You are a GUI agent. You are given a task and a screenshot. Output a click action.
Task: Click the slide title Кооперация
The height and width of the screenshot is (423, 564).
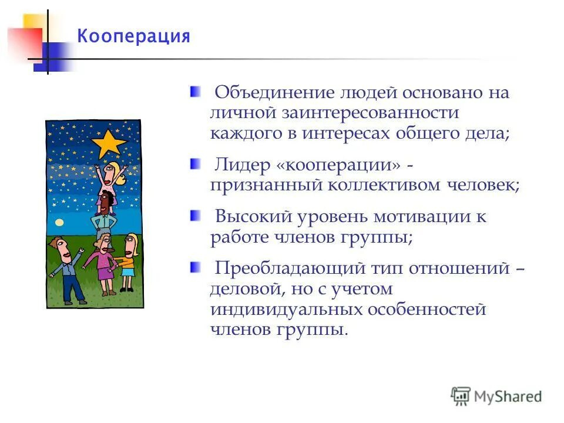[134, 36]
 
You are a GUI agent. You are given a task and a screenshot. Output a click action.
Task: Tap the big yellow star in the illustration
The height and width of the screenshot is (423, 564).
[109, 143]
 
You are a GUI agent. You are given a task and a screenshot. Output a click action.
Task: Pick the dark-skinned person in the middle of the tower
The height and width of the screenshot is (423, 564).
[106, 203]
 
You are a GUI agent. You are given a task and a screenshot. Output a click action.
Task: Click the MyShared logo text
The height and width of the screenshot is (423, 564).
[508, 396]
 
